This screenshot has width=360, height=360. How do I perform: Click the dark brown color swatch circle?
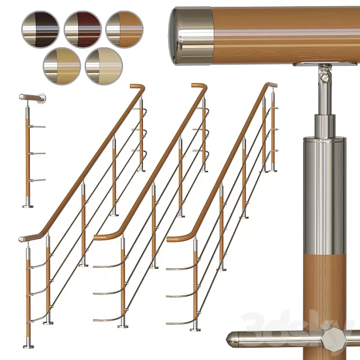(40, 29)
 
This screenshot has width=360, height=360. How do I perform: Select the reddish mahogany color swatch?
(83, 29)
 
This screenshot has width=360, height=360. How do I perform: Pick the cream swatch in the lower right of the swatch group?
(104, 66)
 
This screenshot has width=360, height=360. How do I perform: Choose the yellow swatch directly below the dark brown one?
(61, 66)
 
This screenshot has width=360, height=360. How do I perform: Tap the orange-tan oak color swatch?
(125, 29)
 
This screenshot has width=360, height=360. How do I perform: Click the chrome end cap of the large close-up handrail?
(191, 36)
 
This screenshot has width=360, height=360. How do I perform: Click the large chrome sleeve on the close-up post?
(324, 193)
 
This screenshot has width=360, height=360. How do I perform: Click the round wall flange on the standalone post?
(42, 98)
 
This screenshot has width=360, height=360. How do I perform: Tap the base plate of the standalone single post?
(28, 206)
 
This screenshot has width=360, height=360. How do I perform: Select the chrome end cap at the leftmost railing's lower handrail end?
(22, 239)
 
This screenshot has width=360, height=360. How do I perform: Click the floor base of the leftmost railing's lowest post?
(28, 346)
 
